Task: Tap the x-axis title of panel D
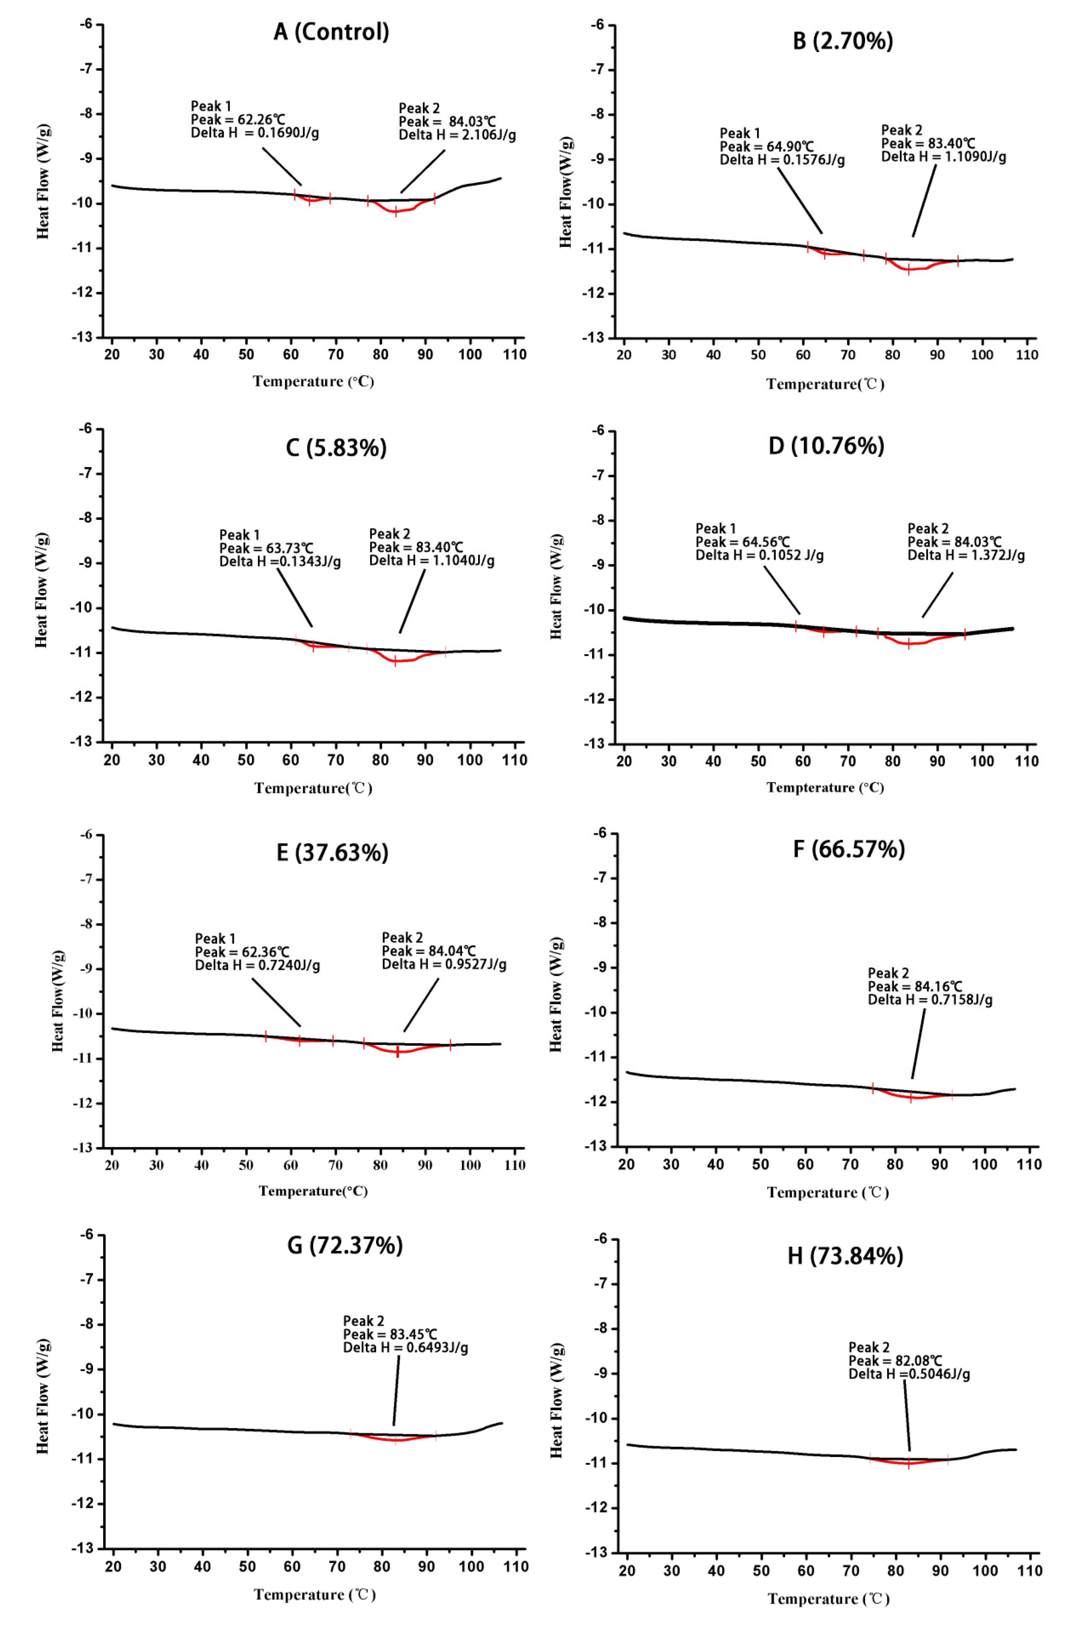[825, 788]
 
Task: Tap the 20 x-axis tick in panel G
[114, 1567]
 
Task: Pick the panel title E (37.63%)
[332, 853]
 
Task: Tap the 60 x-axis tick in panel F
[805, 1164]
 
